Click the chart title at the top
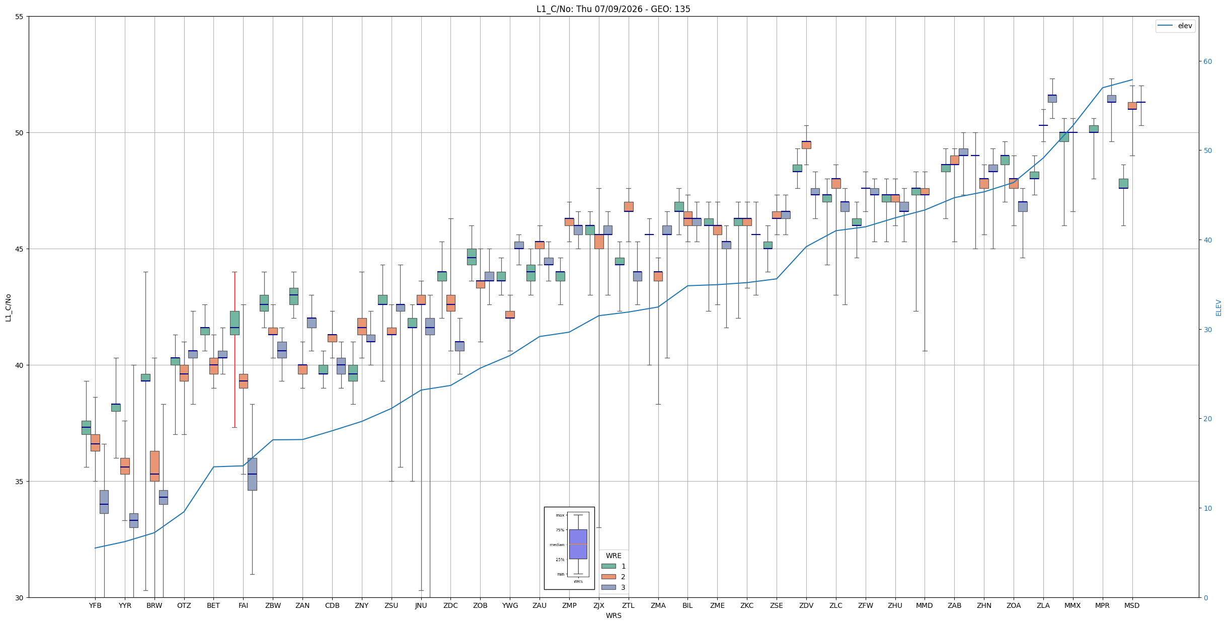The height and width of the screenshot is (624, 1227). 613,9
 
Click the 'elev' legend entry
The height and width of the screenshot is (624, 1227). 1175,26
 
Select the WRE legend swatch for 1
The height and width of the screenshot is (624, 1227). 608,566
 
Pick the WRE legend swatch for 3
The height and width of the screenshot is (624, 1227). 608,587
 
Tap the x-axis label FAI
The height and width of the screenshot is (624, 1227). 243,605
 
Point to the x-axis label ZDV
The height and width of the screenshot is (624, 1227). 806,605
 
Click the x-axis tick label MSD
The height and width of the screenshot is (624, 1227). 1132,605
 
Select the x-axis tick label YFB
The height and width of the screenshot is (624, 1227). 95,605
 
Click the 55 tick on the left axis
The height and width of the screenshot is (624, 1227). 20,17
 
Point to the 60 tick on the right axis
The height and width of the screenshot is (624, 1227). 1207,62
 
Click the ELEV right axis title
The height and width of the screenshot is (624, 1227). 1218,308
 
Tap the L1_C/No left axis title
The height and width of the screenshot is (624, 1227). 8,308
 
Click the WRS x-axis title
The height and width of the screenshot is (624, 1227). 613,615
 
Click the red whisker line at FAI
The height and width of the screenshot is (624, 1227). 235,350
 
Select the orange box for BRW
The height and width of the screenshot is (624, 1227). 155,466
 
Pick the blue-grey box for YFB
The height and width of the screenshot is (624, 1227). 104,502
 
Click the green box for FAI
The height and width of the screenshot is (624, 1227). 235,323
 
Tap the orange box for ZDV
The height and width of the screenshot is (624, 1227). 806,145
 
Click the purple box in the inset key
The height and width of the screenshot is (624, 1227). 578,544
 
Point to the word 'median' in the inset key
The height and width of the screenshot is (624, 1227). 557,544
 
